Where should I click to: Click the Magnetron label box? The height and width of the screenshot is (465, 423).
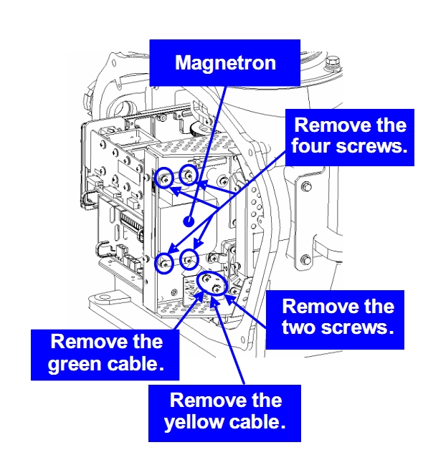pos(224,63)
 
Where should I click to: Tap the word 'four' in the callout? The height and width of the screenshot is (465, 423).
pos(310,145)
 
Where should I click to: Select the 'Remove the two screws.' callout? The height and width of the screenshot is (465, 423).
pos(335,320)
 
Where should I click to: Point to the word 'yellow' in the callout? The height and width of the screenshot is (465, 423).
pos(194,422)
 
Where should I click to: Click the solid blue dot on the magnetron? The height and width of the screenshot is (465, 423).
pos(189,221)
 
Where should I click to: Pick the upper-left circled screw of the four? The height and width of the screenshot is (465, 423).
pos(164,178)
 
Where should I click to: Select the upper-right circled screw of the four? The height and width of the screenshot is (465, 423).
pos(189,175)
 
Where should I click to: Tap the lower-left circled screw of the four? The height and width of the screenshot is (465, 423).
pos(164,263)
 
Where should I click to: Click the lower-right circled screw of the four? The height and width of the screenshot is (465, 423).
pos(189,260)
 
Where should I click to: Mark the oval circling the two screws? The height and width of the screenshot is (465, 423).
pos(212,283)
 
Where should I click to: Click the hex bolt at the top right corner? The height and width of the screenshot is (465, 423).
pos(334,64)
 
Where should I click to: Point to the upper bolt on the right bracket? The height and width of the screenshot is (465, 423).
pos(306,187)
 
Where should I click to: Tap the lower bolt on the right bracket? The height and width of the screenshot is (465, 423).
pos(305,260)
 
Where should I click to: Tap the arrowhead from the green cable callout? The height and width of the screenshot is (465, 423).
pos(198,298)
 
